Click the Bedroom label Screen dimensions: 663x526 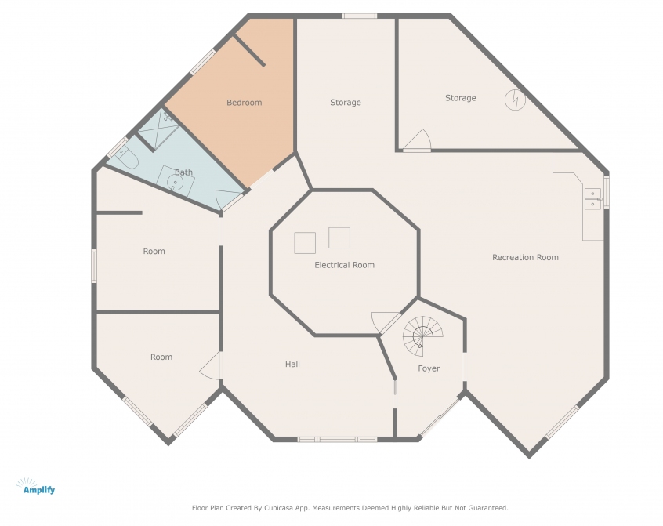tap(244, 103)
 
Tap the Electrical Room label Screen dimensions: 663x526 tap(344, 265)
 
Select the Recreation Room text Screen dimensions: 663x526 tap(525, 257)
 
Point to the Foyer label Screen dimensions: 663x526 tap(429, 368)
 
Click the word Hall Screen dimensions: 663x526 tap(292, 364)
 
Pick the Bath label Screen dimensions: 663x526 tap(183, 172)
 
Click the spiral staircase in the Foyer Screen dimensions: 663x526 tap(423, 336)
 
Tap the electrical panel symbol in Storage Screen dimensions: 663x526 tap(515, 100)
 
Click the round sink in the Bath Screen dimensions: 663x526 tap(175, 183)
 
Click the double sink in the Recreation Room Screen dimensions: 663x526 tap(592, 199)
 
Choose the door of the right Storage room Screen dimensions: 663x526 tap(416, 140)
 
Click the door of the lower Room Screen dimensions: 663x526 tap(211, 366)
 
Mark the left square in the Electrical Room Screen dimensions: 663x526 tap(305, 243)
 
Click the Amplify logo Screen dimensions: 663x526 tap(35, 487)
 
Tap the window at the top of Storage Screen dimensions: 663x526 tap(359, 16)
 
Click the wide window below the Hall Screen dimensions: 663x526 tap(337, 440)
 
